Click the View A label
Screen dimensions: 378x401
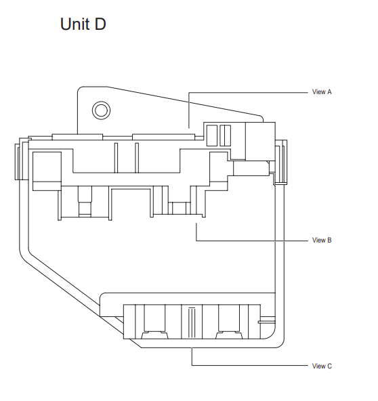tap(322, 92)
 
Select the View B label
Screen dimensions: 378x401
tap(322, 240)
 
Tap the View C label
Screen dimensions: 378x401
tap(322, 366)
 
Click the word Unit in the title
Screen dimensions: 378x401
tap(75, 24)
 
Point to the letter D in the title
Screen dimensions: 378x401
tap(100, 24)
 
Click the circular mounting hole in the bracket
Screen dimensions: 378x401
tap(102, 110)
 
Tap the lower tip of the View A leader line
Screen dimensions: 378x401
tap(189, 128)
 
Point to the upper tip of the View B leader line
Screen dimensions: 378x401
tap(196, 224)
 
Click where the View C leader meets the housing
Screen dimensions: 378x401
tap(192, 347)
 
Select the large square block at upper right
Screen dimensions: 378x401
tap(260, 142)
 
